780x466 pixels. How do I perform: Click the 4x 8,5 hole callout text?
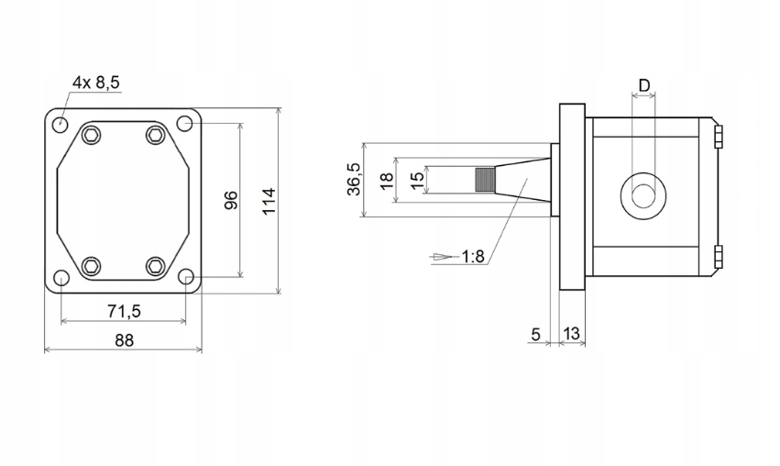click(x=96, y=83)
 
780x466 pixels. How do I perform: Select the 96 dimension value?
click(x=231, y=200)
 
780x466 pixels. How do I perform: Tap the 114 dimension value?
click(x=268, y=200)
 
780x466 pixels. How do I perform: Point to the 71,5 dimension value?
click(x=124, y=311)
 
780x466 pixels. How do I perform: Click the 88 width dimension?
click(x=124, y=340)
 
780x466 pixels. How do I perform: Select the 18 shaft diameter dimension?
click(x=386, y=180)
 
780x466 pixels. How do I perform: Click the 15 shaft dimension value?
click(x=417, y=180)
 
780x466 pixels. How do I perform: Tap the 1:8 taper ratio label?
click(x=472, y=257)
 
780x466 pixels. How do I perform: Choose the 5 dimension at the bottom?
click(x=535, y=335)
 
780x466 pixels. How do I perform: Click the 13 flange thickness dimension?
click(x=572, y=335)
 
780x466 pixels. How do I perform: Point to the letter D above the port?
click(x=643, y=85)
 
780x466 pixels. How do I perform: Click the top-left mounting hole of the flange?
click(x=60, y=124)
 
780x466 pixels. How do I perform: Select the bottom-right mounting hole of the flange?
click(x=186, y=278)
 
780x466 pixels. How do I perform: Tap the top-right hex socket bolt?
click(x=155, y=136)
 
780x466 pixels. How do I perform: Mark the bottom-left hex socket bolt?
click(x=91, y=266)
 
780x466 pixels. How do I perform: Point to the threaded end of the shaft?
click(x=483, y=180)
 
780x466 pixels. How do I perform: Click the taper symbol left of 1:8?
click(x=444, y=257)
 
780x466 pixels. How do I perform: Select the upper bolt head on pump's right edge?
click(x=718, y=138)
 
